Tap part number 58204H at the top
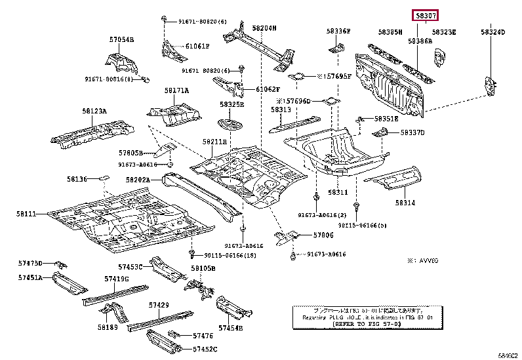pyautogui.click(x=264, y=28)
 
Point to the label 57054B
pyautogui.click(x=121, y=40)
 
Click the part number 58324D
pyautogui.click(x=492, y=31)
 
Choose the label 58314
pyautogui.click(x=405, y=204)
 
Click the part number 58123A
pyautogui.click(x=94, y=111)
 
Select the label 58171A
pyautogui.click(x=176, y=90)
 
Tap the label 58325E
pyautogui.click(x=231, y=104)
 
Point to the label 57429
pyautogui.click(x=159, y=306)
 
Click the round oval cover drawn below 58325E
pyautogui.click(x=230, y=124)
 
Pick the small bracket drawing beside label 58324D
pyautogui.click(x=489, y=83)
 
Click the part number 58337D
pyautogui.click(x=413, y=132)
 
